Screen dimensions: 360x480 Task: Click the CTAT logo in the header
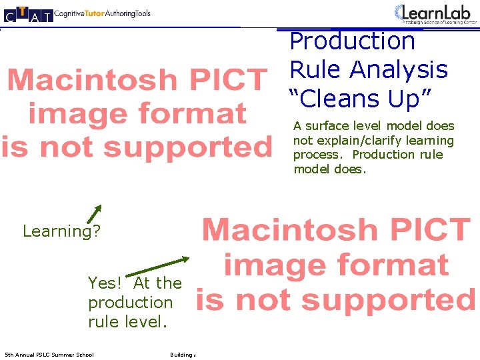point(27,14)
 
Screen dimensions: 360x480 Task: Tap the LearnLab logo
point(436,13)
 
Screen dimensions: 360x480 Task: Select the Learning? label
point(61,231)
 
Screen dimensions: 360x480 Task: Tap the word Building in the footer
point(181,355)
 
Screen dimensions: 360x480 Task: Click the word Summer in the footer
point(65,355)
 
